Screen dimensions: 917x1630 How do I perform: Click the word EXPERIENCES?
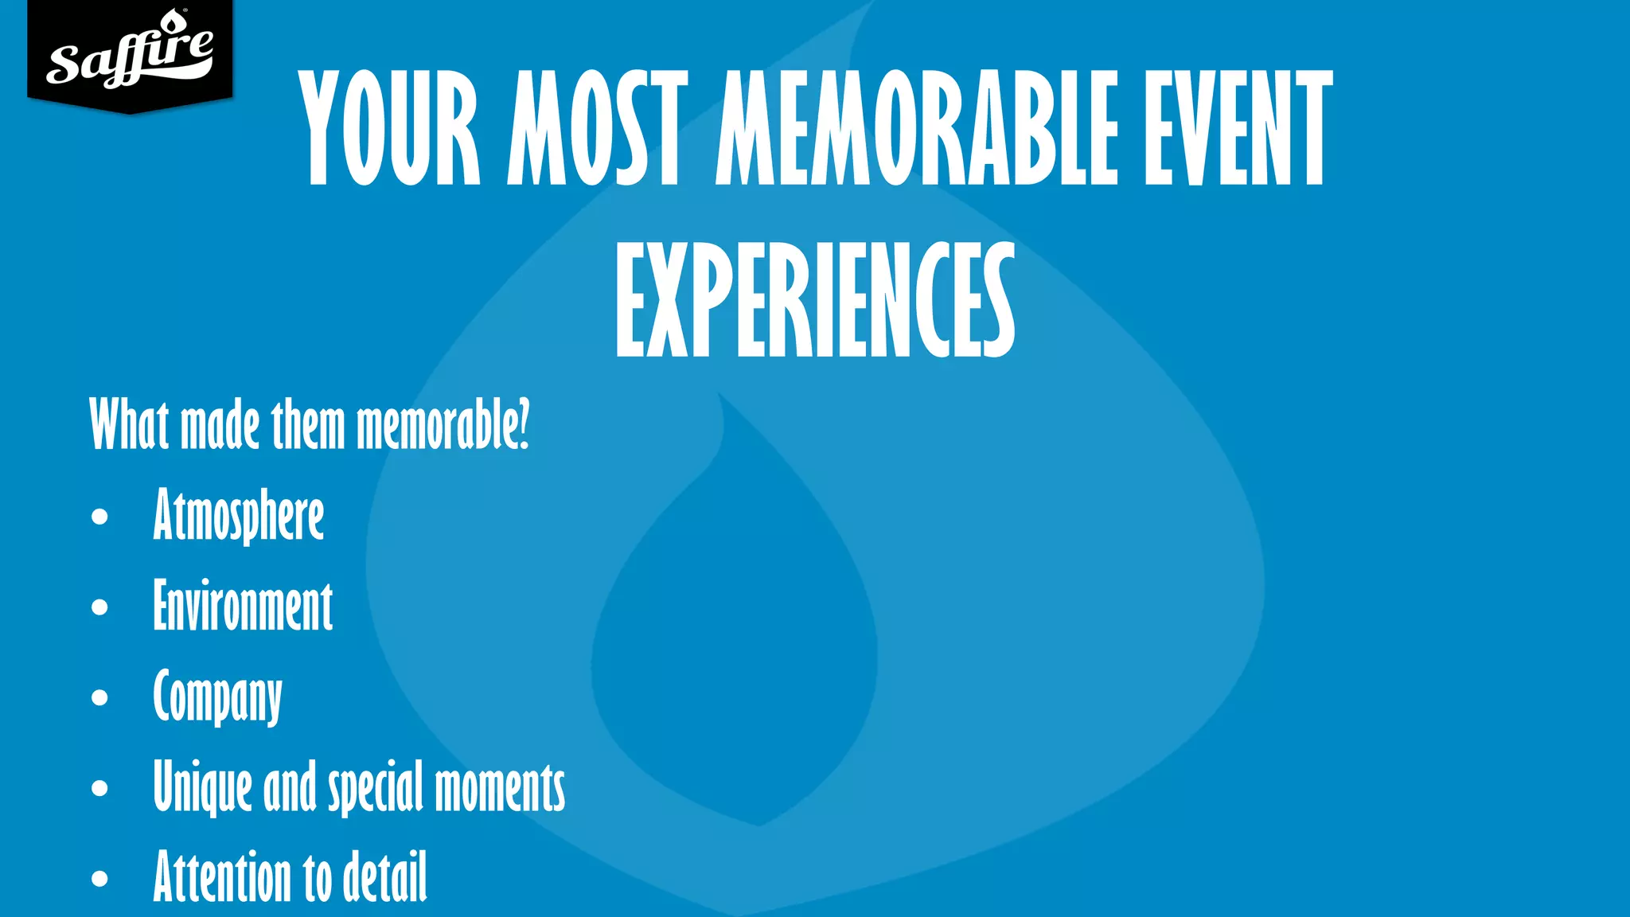pyautogui.click(x=815, y=299)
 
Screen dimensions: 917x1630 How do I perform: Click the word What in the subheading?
pyautogui.click(x=129, y=424)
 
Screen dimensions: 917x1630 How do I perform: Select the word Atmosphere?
pyautogui.click(x=239, y=516)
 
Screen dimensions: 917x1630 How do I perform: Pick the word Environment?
pyautogui.click(x=243, y=607)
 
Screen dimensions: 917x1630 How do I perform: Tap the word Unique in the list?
pyautogui.click(x=202, y=787)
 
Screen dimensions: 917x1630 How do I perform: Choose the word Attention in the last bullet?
pyautogui.click(x=224, y=876)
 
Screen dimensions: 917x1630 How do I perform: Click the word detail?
pyautogui.click(x=385, y=876)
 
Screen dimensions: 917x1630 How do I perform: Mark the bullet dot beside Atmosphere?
pyautogui.click(x=99, y=517)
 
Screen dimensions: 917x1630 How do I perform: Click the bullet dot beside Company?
pyautogui.click(x=99, y=698)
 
